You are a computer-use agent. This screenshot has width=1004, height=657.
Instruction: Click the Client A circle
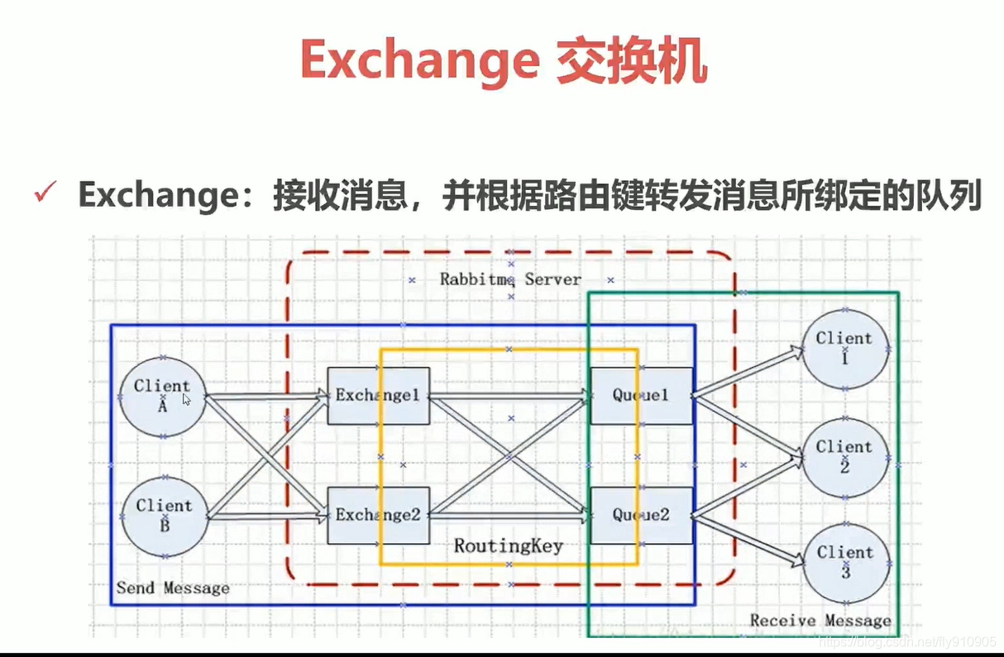pos(162,398)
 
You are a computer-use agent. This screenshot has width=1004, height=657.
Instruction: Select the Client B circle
pos(164,517)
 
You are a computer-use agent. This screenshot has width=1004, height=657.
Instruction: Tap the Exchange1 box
pos(378,396)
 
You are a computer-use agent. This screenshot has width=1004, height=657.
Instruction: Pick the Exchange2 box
pos(378,515)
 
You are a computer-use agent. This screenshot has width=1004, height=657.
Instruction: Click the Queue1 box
pos(641,396)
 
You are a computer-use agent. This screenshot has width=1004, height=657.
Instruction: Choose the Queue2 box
pos(641,515)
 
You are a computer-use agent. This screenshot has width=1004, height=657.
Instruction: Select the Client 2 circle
pos(844,457)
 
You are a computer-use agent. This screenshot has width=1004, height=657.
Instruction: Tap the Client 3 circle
pos(844,563)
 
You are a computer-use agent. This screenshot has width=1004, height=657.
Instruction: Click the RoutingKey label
pos(509,546)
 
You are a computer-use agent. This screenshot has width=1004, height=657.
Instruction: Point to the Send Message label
pos(173,588)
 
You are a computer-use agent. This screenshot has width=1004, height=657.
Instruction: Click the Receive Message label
pos(820,621)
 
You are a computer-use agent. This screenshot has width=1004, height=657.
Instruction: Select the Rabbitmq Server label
pos(510,279)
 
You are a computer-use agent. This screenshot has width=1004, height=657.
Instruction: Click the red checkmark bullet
pos(45,195)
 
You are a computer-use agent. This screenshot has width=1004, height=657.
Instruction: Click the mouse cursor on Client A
pos(187,399)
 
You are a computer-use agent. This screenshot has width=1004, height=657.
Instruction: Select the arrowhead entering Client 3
pos(796,560)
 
